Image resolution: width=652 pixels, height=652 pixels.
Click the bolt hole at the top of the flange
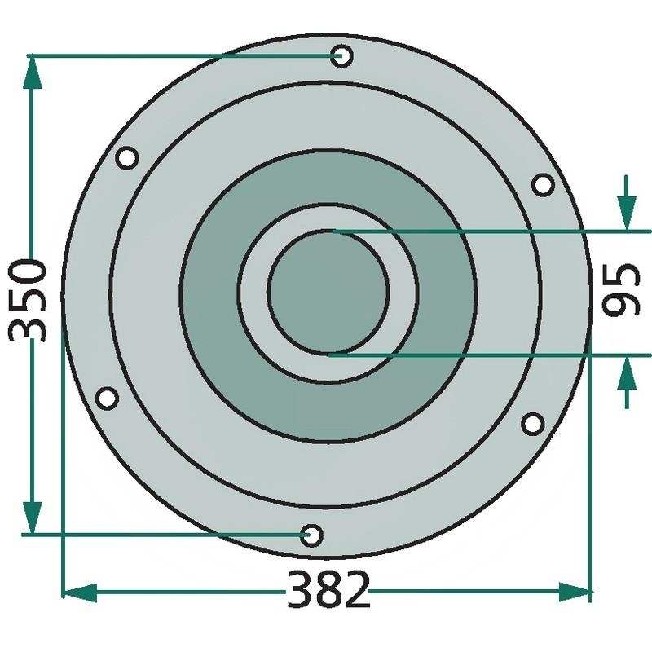click(341, 56)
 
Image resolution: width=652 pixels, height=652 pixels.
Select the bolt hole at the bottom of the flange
click(311, 535)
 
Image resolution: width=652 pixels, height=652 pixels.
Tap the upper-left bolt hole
click(126, 158)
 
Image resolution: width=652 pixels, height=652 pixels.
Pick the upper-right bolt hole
click(543, 185)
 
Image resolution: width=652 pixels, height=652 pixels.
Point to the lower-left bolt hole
click(107, 399)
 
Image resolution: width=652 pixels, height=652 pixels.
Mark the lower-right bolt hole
click(532, 423)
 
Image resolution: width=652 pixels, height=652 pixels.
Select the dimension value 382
click(328, 590)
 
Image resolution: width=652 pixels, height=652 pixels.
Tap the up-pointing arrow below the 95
click(626, 375)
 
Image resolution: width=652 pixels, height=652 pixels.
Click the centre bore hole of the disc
click(328, 293)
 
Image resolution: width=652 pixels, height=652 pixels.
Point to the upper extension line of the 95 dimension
click(489, 232)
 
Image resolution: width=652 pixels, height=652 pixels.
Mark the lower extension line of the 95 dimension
click(489, 355)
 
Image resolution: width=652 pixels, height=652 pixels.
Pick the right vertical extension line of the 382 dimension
click(589, 489)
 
